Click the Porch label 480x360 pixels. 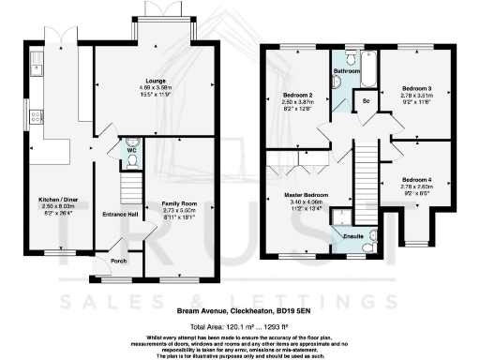[x=118, y=261]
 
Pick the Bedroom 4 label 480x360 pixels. [x=414, y=179]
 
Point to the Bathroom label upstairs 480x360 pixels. [x=347, y=70]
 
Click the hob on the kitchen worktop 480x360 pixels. [x=36, y=117]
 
